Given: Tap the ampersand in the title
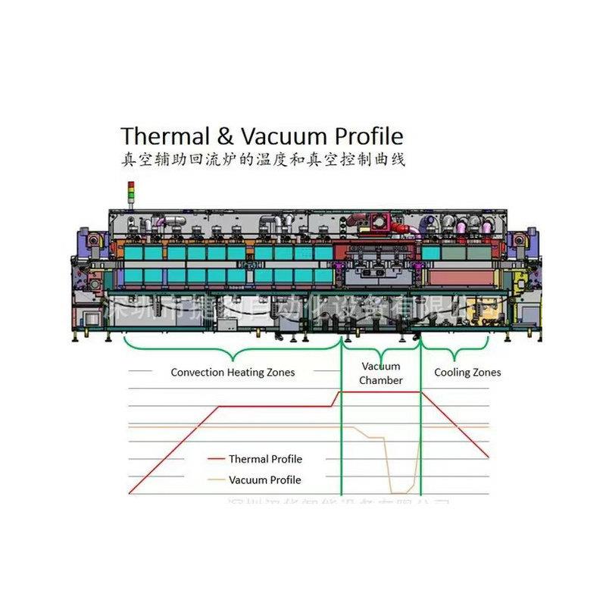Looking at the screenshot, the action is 229,136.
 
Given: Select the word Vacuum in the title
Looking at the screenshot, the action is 280,136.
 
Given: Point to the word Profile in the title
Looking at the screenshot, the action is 364,137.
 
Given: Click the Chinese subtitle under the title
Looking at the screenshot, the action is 264,161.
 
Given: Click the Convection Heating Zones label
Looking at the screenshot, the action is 233,372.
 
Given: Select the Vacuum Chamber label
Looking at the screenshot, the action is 381,373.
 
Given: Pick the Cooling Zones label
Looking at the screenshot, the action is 467,372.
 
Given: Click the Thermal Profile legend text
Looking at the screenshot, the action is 265,459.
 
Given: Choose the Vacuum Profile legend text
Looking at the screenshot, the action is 264,479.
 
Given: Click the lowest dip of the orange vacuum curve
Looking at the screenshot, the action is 400,492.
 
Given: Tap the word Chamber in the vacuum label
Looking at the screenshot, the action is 381,380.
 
